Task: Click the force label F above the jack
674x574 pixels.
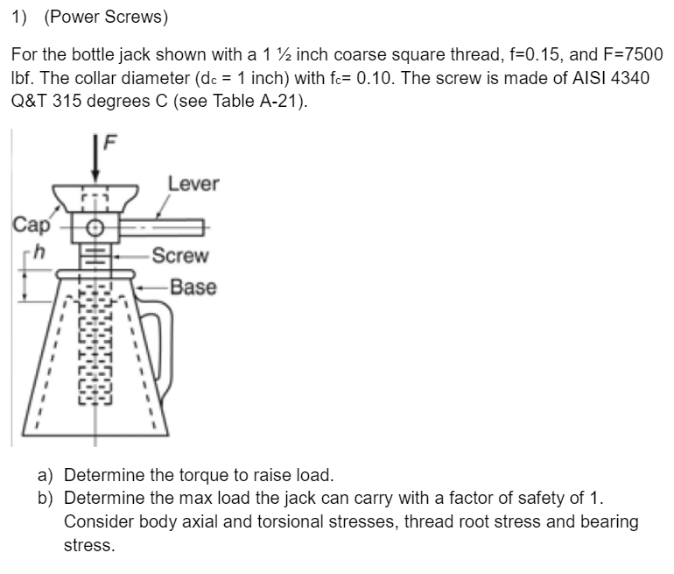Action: tap(111, 140)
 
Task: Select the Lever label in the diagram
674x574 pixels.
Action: tap(193, 183)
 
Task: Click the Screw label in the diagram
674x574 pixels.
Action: tap(179, 256)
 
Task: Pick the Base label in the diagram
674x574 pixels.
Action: tap(193, 287)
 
